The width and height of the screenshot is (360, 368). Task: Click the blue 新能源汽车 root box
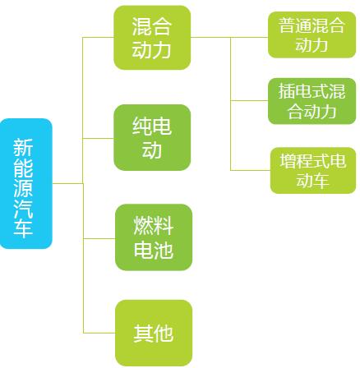tap(26, 183)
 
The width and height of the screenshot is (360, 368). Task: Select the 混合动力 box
tap(152, 38)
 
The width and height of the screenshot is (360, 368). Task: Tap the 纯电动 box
tap(152, 137)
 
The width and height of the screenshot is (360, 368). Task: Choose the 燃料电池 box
tap(154, 237)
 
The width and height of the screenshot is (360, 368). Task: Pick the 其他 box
tap(154, 333)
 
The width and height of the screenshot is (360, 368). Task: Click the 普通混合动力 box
tap(312, 34)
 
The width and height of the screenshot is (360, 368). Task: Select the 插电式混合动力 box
tap(312, 101)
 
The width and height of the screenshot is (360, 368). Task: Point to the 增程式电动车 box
tap(313, 171)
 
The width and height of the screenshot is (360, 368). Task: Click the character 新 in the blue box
tap(23, 147)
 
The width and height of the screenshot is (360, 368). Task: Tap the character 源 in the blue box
tap(23, 188)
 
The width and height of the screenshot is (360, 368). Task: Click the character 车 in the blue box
tap(23, 228)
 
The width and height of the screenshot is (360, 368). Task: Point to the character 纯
tap(142, 126)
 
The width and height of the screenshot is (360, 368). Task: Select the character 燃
tap(144, 226)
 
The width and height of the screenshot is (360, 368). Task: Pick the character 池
tap(164, 250)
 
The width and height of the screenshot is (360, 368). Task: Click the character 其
tap(143, 333)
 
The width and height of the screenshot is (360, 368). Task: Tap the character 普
tap(287, 25)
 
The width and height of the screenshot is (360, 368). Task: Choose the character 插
tap(287, 91)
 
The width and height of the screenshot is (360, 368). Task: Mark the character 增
tap(288, 161)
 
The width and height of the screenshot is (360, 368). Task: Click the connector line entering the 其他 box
tap(99, 333)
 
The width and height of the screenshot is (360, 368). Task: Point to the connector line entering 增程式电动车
tap(251, 170)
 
